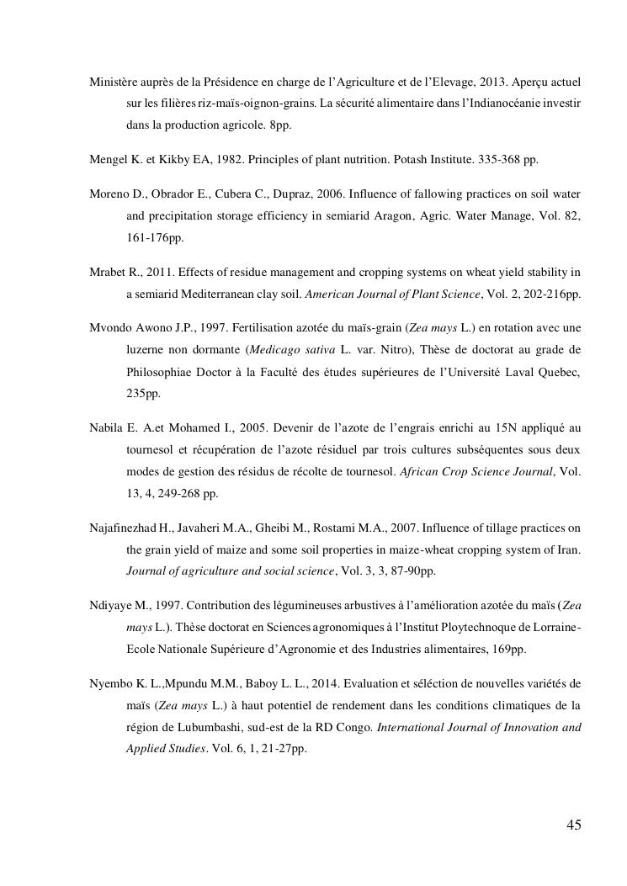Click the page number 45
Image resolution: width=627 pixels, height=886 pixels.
[x=573, y=825]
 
